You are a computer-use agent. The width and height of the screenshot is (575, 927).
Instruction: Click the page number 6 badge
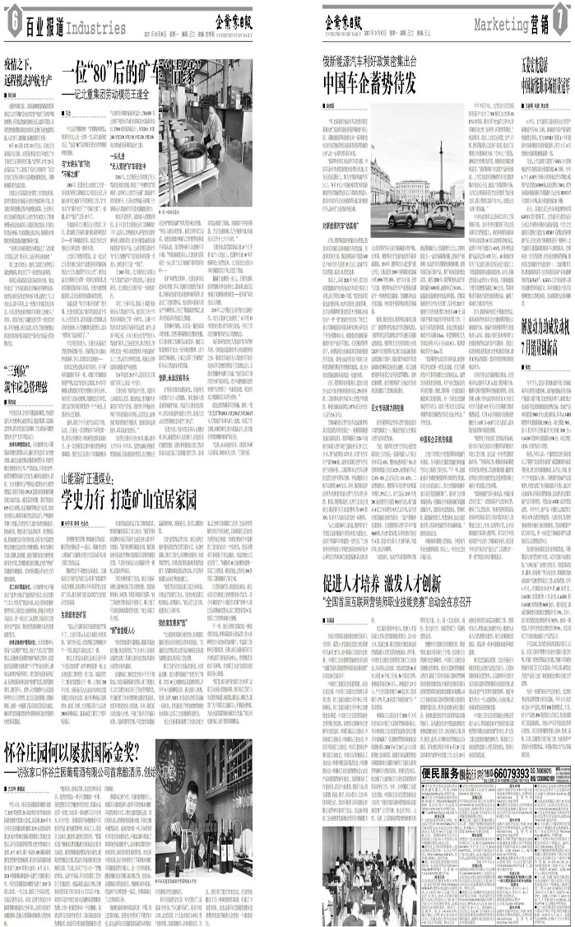coord(12,26)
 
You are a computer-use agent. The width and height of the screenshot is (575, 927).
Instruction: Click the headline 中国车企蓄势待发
coord(369,83)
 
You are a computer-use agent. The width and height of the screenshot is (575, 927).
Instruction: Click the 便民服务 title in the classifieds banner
coord(445,797)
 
